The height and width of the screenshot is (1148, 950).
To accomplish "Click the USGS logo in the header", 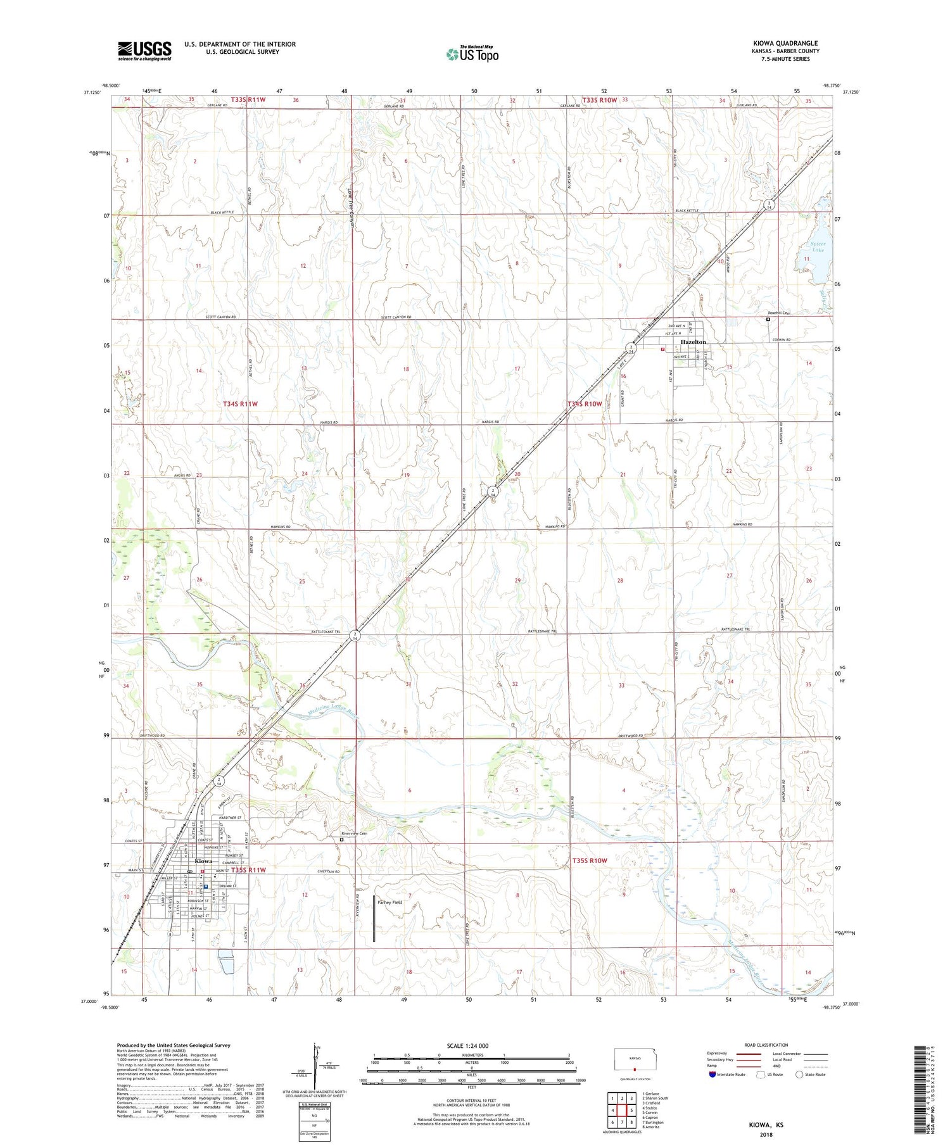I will pyautogui.click(x=144, y=51).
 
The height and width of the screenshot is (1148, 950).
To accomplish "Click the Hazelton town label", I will pyautogui.click(x=693, y=342).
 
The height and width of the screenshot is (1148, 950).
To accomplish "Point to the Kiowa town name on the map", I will pyautogui.click(x=204, y=861).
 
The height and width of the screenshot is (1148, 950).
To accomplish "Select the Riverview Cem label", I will pyautogui.click(x=354, y=833).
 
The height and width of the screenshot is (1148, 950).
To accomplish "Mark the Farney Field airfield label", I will pyautogui.click(x=389, y=902).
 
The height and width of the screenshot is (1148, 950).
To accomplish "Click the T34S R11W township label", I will pyautogui.click(x=240, y=403).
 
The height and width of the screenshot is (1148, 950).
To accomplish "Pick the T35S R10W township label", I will pyautogui.click(x=589, y=861).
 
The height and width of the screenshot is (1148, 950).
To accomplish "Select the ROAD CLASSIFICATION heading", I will pyautogui.click(x=766, y=1045).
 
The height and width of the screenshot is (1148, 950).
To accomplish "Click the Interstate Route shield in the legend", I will pyautogui.click(x=712, y=1075).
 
